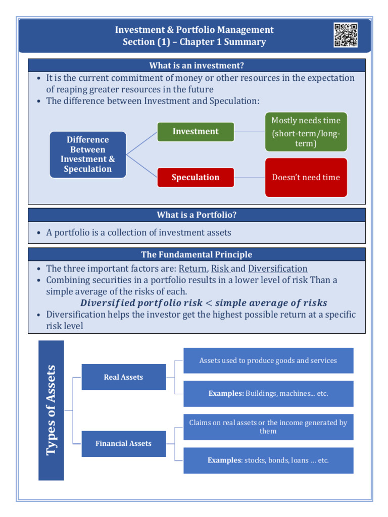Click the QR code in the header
coord(346,35)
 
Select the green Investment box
coord(196,132)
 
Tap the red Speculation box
coord(196,177)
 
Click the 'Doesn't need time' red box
coord(306,177)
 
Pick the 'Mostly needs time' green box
coord(306,132)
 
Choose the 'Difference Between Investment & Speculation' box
coord(88,154)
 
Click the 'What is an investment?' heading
coord(197,66)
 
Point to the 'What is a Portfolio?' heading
coord(197,215)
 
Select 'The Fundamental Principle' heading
coord(197,254)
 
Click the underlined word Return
coord(193,269)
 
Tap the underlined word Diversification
coord(278,269)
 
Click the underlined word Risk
coord(220,269)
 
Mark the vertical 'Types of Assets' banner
coord(51,410)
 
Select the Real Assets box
coord(123,377)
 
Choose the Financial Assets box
coord(123,444)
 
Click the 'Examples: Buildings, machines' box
coord(268,393)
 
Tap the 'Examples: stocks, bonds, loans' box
coord(268,460)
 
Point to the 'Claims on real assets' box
coord(268,427)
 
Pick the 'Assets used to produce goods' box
coord(268,360)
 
